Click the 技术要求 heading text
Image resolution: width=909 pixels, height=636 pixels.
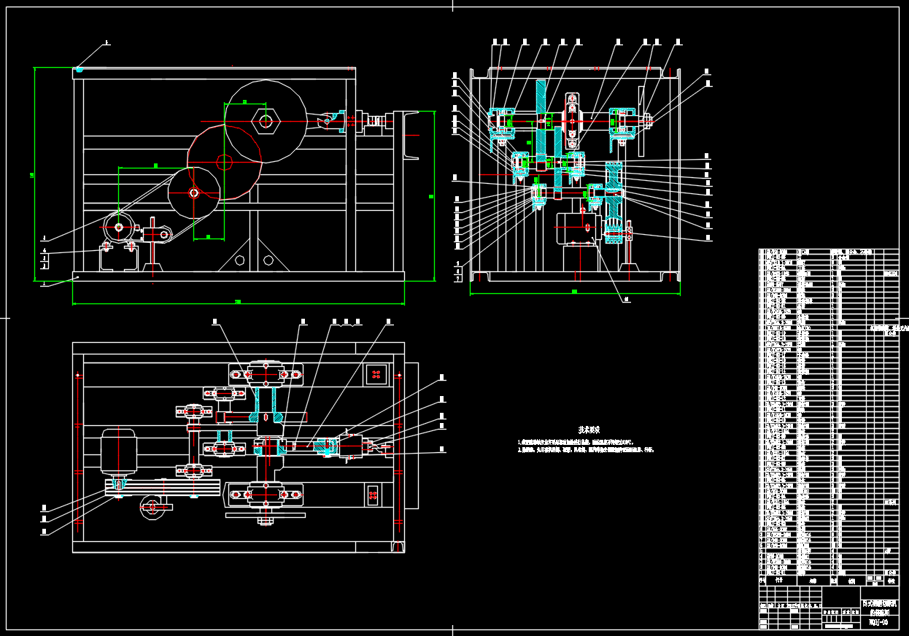coord(589,430)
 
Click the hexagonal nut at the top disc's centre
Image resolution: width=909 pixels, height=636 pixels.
coord(266,121)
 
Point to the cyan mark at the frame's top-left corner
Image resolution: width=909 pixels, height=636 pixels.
coord(79,70)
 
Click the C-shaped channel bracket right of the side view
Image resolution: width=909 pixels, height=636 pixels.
coord(409,134)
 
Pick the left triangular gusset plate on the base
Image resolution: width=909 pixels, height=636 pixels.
coord(240,260)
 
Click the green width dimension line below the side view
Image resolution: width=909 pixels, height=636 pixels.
coord(238,301)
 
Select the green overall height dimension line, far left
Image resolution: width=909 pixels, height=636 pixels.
coord(35,174)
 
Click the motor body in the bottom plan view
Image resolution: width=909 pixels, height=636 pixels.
coord(118,452)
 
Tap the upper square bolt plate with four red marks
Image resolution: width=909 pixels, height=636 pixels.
coord(376,374)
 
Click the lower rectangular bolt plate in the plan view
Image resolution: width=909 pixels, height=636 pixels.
coord(372,496)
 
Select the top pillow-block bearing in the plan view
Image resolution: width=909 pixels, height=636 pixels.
coord(266,374)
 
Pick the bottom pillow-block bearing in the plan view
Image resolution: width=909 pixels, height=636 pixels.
coord(266,495)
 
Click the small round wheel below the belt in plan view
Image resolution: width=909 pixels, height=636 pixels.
coord(152,508)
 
